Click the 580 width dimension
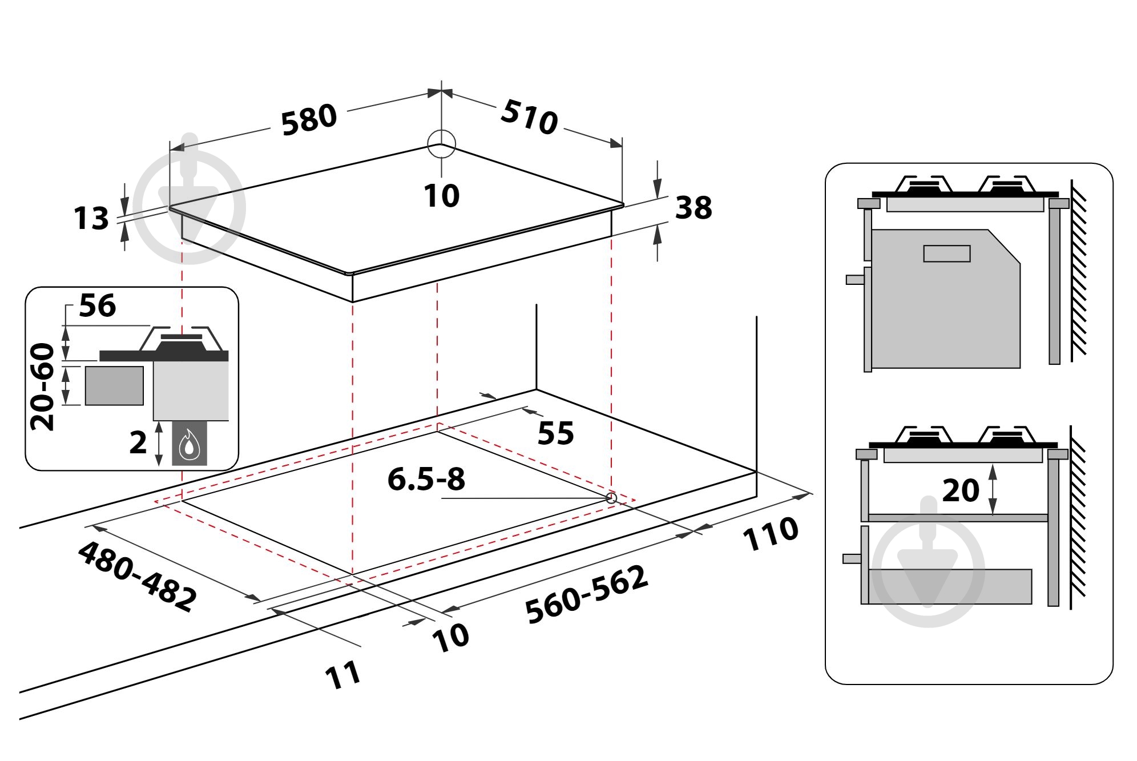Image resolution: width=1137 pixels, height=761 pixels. [309, 120]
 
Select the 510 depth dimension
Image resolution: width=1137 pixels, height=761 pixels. [529, 117]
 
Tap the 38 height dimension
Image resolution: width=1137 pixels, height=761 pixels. [694, 207]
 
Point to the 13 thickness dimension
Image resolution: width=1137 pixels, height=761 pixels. [91, 218]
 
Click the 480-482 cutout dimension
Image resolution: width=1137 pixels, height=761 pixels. [137, 577]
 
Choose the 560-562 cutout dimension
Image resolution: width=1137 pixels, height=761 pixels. [587, 594]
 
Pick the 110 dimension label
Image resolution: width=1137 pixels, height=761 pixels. [770, 534]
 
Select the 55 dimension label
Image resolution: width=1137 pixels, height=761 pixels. [555, 433]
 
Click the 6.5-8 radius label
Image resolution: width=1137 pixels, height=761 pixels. [426, 479]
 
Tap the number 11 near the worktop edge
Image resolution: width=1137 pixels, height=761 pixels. [342, 675]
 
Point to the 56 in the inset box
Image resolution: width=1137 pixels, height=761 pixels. [97, 305]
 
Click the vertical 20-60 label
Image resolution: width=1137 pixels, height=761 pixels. [43, 386]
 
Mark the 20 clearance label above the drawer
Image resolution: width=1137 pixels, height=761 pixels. [961, 490]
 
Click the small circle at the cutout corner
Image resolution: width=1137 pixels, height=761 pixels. [611, 498]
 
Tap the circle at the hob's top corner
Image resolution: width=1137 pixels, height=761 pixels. [441, 143]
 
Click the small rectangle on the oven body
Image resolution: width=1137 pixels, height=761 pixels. [947, 253]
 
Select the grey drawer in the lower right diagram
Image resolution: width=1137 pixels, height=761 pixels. [950, 586]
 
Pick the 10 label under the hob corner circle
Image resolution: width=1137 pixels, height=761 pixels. [441, 196]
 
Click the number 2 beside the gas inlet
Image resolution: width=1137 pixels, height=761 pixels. [138, 442]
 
